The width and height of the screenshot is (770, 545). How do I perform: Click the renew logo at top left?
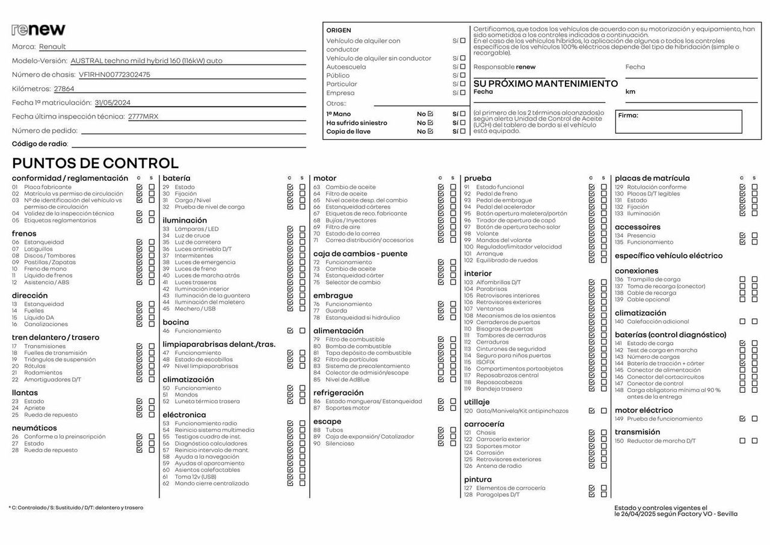pyautogui.click(x=38, y=30)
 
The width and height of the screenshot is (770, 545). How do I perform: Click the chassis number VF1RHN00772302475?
pyautogui.click(x=114, y=75)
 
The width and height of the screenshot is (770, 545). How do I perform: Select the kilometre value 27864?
pyautogui.click(x=64, y=89)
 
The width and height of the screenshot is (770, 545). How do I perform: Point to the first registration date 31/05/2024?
pyautogui.click(x=112, y=102)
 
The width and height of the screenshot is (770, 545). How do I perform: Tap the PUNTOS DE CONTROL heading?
pyautogui.click(x=95, y=163)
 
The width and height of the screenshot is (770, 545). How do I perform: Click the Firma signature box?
pyautogui.click(x=678, y=121)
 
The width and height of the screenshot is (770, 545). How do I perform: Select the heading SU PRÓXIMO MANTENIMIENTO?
pyautogui.click(x=545, y=84)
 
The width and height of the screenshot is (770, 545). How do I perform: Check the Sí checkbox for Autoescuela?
pyautogui.click(x=463, y=67)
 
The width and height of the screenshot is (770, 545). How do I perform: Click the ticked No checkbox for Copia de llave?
pyautogui.click(x=430, y=131)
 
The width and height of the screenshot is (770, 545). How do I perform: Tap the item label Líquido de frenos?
pyautogui.click(x=48, y=276)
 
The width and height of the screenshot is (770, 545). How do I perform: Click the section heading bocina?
pyautogui.click(x=176, y=322)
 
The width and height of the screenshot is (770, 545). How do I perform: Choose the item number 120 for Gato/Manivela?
pyautogui.click(x=468, y=411)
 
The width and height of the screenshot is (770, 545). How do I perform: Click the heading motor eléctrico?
pyautogui.click(x=644, y=410)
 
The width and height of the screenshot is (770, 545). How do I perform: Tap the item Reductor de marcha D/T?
pyautogui.click(x=661, y=441)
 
